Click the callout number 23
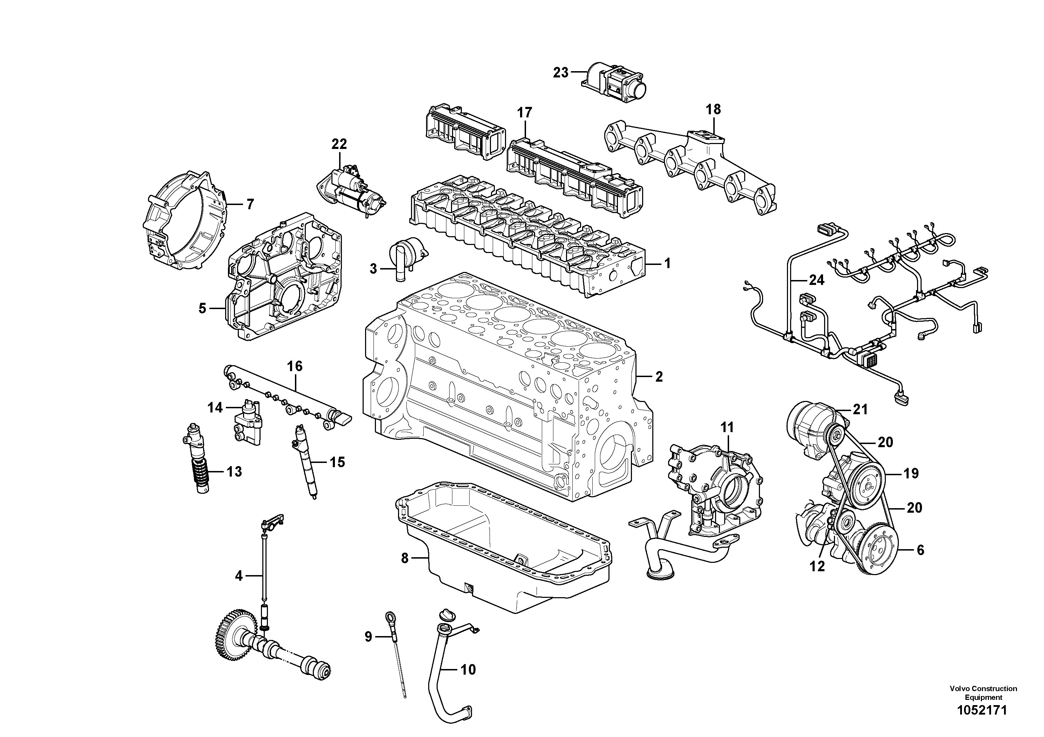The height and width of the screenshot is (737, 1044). coord(561,72)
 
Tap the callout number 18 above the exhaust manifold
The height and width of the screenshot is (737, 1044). coord(713,109)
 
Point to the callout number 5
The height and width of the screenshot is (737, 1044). coord(202,308)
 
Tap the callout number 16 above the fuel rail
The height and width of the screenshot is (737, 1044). coord(295,366)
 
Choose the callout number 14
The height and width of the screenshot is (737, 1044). coord(215,408)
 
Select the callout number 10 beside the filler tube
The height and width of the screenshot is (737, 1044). coord(468,669)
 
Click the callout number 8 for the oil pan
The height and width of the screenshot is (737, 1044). coord(405,558)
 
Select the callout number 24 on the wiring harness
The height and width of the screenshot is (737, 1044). coord(817,280)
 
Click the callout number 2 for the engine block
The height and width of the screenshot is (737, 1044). coord(659,376)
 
